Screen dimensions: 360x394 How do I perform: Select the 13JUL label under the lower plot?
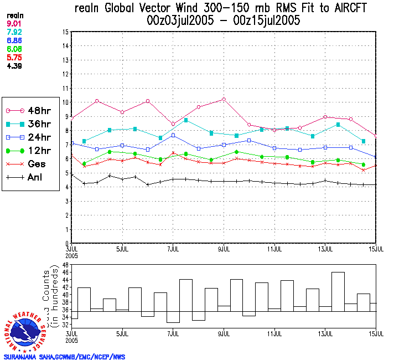[325, 335]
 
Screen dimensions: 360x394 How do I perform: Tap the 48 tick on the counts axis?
[65, 265]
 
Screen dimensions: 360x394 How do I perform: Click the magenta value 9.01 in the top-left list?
[13, 23]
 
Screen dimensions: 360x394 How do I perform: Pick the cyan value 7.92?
[13, 32]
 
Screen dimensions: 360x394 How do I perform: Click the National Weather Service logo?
[26, 331]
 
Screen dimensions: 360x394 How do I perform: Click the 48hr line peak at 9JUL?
[224, 99]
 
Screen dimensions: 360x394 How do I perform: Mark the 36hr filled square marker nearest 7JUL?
[186, 120]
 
